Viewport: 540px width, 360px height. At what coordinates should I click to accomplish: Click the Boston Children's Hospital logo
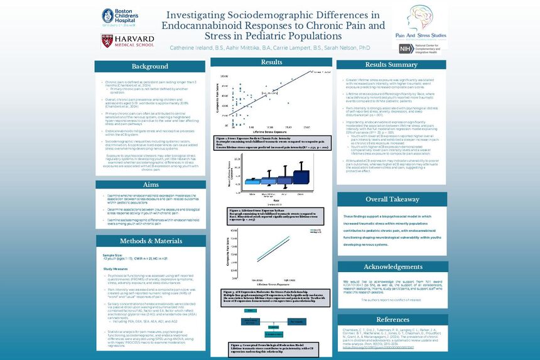[x=119, y=18]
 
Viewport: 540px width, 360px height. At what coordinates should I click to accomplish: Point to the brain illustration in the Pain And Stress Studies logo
[x=413, y=19]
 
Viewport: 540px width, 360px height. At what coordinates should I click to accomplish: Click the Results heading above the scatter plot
[x=271, y=62]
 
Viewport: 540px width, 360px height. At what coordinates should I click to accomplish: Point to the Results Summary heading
[x=391, y=65]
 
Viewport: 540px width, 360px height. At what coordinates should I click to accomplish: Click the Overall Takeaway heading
[x=392, y=199]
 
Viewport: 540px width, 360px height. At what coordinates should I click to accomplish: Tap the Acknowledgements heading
[x=392, y=267]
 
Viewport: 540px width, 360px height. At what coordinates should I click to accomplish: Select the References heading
[x=392, y=320]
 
